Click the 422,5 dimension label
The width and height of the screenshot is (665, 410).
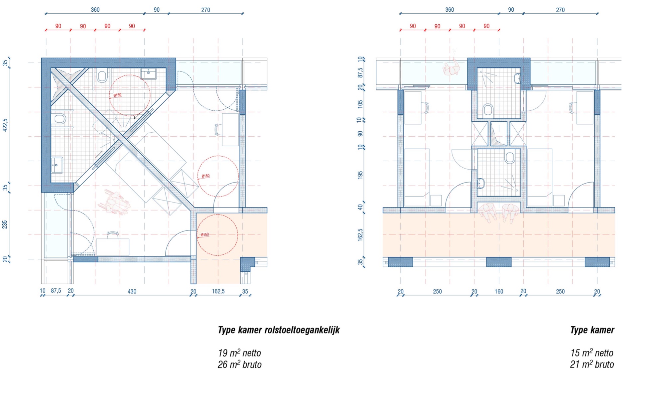pos(5,125)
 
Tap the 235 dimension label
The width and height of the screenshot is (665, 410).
pos(5,225)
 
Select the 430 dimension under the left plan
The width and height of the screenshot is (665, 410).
pos(132,292)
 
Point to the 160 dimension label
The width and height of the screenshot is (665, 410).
pos(499,292)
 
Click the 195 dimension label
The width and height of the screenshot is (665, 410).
pos(360,175)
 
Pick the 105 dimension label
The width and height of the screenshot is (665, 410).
pos(360,104)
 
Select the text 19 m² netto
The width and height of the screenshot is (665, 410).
pos(239,353)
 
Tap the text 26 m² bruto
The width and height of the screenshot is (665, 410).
pos(239,364)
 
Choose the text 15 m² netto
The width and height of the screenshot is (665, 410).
pos(592,353)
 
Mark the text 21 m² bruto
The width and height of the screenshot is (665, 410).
pos(592,364)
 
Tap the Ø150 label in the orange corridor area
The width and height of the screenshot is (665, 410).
pos(205,235)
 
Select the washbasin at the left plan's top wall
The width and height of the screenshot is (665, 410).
pos(148,73)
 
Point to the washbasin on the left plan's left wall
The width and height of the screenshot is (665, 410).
pos(57,165)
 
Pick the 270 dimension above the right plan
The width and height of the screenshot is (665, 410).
pos(560,10)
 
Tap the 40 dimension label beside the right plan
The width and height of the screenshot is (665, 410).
pos(360,207)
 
